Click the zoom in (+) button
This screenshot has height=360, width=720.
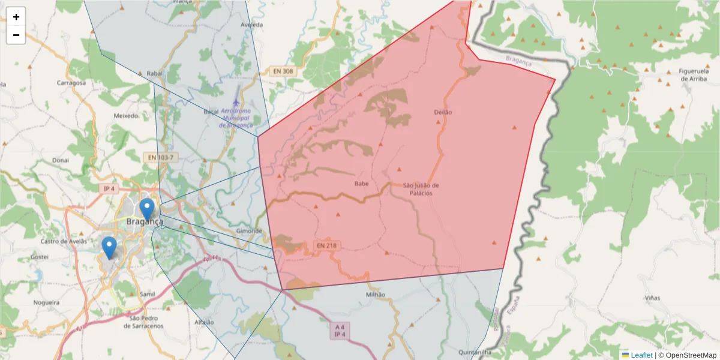[x=16, y=17]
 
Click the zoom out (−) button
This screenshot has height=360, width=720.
[x=16, y=35]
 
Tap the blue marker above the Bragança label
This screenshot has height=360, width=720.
[x=146, y=209]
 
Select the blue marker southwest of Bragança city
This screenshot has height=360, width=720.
[x=109, y=247]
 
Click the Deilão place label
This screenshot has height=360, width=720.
[x=442, y=112]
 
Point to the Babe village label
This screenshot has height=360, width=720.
[x=361, y=184]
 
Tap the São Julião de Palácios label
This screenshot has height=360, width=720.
[x=421, y=189]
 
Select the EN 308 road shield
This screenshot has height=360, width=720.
[x=283, y=71]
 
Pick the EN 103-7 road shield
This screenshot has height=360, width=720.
[x=161, y=158]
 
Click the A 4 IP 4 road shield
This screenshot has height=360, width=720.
[x=340, y=331]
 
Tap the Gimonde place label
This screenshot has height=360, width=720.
[x=250, y=231]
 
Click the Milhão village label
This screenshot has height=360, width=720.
[x=375, y=295]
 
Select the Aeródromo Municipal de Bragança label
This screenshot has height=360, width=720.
[x=236, y=118]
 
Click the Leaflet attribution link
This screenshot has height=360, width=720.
[x=641, y=355]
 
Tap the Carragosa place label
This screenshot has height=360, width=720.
[x=71, y=83]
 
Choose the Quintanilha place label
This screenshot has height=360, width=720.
[x=475, y=352]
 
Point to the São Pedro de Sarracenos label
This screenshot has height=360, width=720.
[x=143, y=322]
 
